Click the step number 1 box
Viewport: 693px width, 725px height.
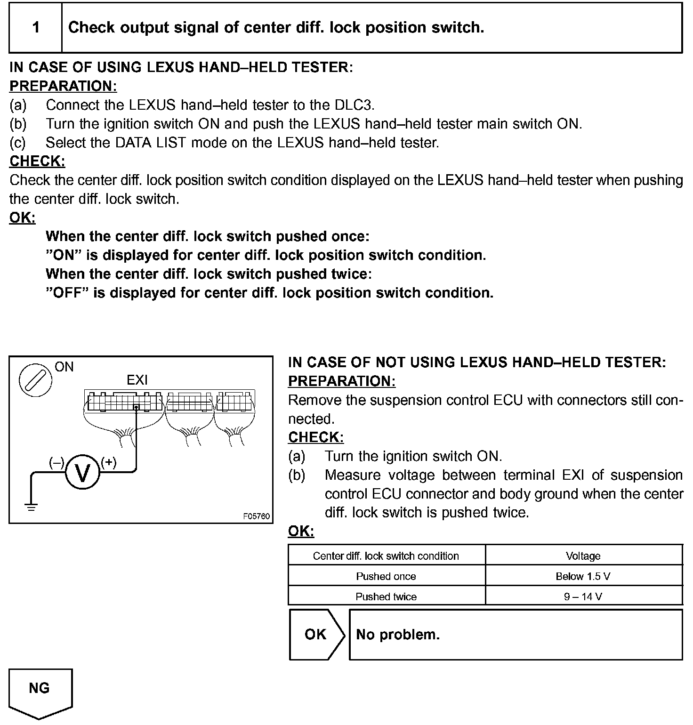[x=36, y=27]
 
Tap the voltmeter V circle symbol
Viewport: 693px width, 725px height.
[x=82, y=473]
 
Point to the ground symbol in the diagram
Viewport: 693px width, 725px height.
[x=32, y=507]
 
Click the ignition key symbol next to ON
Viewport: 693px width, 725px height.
[x=35, y=379]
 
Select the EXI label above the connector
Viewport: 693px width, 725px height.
[x=137, y=380]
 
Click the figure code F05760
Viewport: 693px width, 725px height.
[x=257, y=516]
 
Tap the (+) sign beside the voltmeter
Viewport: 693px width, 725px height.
[x=109, y=462]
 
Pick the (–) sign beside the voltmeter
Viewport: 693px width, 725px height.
[x=56, y=462]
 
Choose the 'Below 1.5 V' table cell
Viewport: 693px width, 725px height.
[x=583, y=576]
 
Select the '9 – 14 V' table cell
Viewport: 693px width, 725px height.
[x=583, y=596]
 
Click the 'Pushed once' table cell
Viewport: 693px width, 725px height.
[x=386, y=576]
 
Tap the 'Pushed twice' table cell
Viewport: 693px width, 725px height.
[x=386, y=596]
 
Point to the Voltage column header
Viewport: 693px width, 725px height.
[x=583, y=556]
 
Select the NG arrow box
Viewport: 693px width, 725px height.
[x=40, y=691]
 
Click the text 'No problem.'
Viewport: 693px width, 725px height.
[x=398, y=635]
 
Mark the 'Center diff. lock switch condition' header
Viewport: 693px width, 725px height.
[x=386, y=556]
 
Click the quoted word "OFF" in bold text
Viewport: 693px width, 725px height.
[x=68, y=293]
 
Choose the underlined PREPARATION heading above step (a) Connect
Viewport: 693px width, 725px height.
[x=63, y=86]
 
